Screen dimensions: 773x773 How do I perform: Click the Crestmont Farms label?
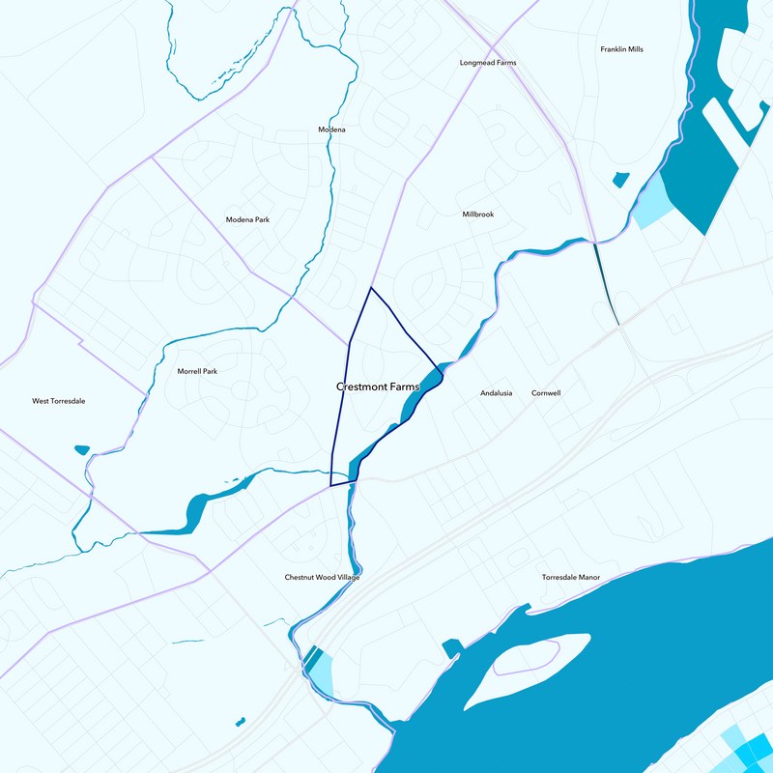click(x=379, y=386)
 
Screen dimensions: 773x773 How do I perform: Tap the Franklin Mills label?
click(x=621, y=49)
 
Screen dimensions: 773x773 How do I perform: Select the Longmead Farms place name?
click(x=487, y=63)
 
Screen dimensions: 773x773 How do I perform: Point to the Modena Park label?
click(x=247, y=219)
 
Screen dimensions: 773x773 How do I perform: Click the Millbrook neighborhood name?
click(x=477, y=215)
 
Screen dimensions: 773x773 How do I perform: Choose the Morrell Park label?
click(x=197, y=371)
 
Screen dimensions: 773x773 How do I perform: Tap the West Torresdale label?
click(x=59, y=401)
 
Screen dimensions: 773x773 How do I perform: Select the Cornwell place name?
click(x=546, y=393)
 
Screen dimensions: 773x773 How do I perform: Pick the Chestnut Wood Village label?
click(x=322, y=577)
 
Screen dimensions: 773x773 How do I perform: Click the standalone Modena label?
click(x=331, y=129)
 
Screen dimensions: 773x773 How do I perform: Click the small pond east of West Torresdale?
click(x=81, y=449)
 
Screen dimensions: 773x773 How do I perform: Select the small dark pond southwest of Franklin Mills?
click(x=620, y=179)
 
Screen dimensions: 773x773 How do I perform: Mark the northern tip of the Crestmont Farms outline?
click(x=371, y=288)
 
